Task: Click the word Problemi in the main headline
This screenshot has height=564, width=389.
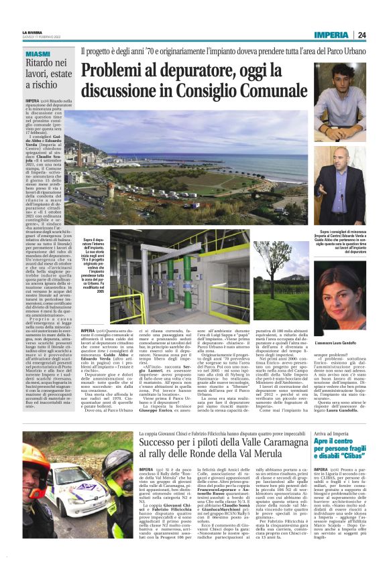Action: (113, 68)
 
